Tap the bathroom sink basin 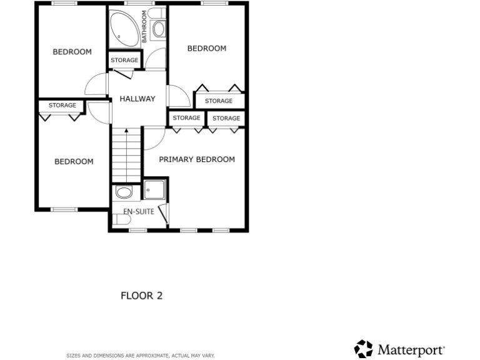point(158,29)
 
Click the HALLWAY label point(137,99)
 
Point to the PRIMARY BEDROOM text point(197,159)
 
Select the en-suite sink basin point(124,192)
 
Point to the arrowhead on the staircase point(126,131)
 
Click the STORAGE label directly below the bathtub point(124,60)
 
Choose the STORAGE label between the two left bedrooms point(62,106)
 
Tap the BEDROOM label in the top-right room point(207,49)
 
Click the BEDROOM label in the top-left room point(72,52)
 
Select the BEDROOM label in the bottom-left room point(74,162)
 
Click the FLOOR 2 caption point(141,296)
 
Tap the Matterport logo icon point(364,348)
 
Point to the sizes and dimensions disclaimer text point(141,355)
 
